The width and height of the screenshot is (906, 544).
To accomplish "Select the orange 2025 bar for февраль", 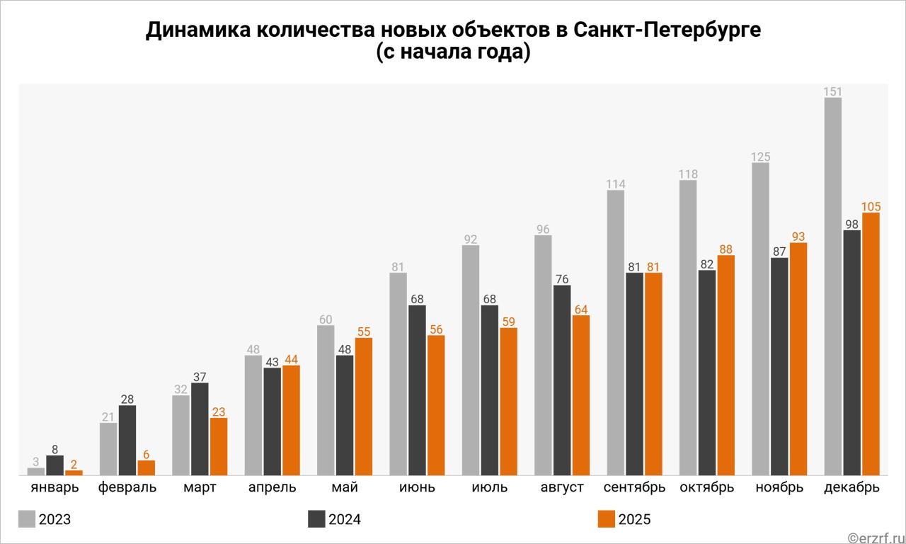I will (146, 467).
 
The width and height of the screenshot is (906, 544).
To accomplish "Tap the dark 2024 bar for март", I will (200, 429).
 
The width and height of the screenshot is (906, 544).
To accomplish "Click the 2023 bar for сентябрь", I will (616, 332).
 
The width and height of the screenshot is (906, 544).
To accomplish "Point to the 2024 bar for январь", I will (55, 465).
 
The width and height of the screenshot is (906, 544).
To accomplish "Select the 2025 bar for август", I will (580, 395).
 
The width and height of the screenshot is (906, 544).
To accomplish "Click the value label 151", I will (833, 91).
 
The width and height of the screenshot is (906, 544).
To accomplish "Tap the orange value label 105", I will (871, 206).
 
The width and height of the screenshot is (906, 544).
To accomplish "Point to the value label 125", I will (760, 157).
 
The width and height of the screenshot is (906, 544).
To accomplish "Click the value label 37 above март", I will (200, 377).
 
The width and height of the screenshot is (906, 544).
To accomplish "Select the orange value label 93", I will (798, 237).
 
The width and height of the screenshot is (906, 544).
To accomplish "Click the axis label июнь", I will (417, 487).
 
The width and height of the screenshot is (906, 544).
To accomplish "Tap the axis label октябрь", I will (706, 487).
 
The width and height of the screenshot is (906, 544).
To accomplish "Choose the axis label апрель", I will (273, 487).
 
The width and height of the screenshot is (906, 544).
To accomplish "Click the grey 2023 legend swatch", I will (27, 518).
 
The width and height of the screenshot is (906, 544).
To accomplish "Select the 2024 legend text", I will (345, 520).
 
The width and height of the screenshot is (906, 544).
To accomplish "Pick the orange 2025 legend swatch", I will (606, 518).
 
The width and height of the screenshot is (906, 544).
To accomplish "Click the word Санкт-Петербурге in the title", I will (667, 31).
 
